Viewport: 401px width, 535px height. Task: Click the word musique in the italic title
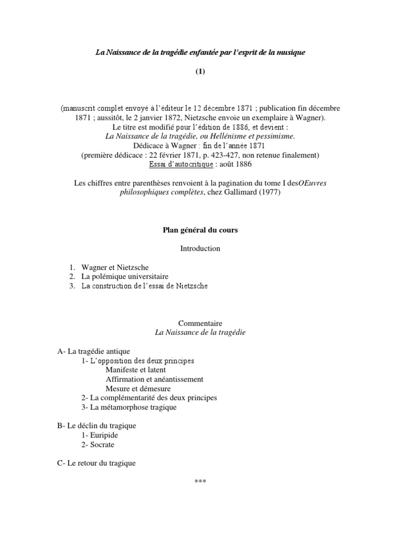pos(293,52)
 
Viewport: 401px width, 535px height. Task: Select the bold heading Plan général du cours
pos(200,230)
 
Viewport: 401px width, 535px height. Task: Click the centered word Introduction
pos(200,248)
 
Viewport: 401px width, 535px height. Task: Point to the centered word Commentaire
pos(200,323)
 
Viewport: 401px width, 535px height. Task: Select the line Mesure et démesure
pos(138,389)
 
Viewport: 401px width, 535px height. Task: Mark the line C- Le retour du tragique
pos(97,463)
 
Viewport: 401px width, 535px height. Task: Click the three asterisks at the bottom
pos(200,481)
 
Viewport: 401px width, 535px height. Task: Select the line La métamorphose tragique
pos(133,407)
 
